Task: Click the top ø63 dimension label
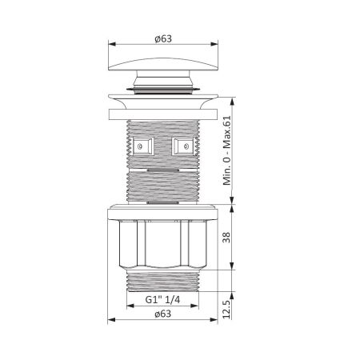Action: (x=163, y=39)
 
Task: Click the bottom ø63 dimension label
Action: (x=163, y=314)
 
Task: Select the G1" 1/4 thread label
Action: (x=162, y=300)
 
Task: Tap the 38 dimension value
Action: (x=226, y=237)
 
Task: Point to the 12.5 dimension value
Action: (x=226, y=310)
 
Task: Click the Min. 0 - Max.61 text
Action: (x=226, y=150)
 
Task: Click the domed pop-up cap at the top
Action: (x=163, y=64)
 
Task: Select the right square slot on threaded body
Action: (x=184, y=146)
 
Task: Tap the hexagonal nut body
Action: (x=163, y=244)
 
